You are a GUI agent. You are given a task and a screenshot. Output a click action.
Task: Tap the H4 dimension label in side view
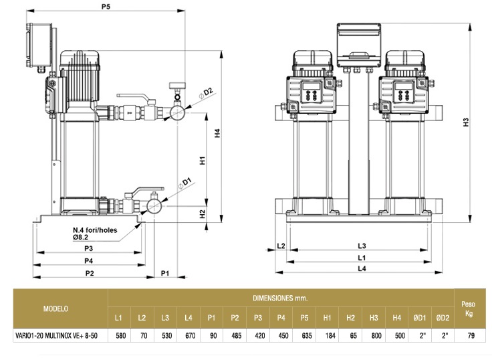point(217,134)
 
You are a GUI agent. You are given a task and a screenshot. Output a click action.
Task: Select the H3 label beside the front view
point(467,122)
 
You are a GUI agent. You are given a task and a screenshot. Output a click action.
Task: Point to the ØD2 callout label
point(208,91)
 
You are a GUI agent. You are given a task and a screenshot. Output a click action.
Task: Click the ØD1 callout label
point(187,181)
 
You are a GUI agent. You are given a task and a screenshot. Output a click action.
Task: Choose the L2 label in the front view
point(281,246)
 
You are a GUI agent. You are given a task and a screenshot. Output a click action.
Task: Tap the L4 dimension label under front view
point(362,269)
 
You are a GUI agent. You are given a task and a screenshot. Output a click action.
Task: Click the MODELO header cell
point(55,308)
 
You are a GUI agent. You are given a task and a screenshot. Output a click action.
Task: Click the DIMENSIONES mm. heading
point(280,297)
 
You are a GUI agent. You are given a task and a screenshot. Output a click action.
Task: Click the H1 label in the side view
point(201,161)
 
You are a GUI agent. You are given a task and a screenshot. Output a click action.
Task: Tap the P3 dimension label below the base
point(88,248)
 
